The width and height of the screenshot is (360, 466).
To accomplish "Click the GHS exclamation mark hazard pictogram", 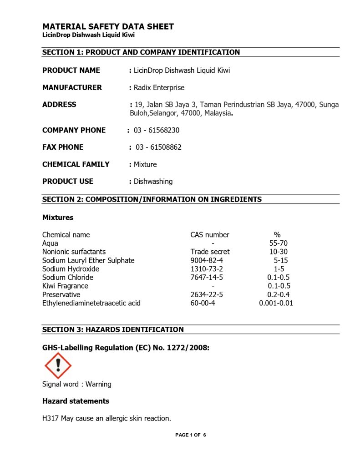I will click(58, 365).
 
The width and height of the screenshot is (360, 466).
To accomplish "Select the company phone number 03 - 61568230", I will click(157, 130).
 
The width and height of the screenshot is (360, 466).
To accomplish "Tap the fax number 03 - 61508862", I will click(158, 147).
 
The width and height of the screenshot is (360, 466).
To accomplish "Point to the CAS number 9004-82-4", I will click(207, 260).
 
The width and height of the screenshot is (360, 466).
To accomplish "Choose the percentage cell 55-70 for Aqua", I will click(278, 243).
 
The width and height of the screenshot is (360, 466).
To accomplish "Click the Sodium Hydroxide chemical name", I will click(71, 269).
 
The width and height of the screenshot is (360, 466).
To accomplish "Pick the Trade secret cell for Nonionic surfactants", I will click(210, 252).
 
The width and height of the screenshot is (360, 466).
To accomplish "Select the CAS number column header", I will click(210, 235).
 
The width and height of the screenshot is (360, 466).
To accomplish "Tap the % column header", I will click(277, 235).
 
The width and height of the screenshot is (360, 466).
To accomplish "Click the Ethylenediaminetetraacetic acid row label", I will click(91, 303).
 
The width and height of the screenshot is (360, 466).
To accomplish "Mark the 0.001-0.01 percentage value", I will click(276, 303).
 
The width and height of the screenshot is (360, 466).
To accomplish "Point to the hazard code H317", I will click(51, 418).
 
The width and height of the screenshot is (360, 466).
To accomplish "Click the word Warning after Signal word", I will click(98, 384).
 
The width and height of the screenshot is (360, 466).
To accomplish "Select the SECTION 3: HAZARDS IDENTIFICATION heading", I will click(113, 329).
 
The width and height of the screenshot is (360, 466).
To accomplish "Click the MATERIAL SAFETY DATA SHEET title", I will click(108, 26).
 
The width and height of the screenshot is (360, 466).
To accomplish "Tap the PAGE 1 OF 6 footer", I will click(191, 435).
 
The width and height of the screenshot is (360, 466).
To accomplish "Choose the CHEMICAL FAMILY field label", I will click(76, 164).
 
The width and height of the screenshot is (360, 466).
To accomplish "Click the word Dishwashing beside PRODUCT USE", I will click(153, 181).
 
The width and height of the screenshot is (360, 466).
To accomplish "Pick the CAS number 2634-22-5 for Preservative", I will click(207, 294).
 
